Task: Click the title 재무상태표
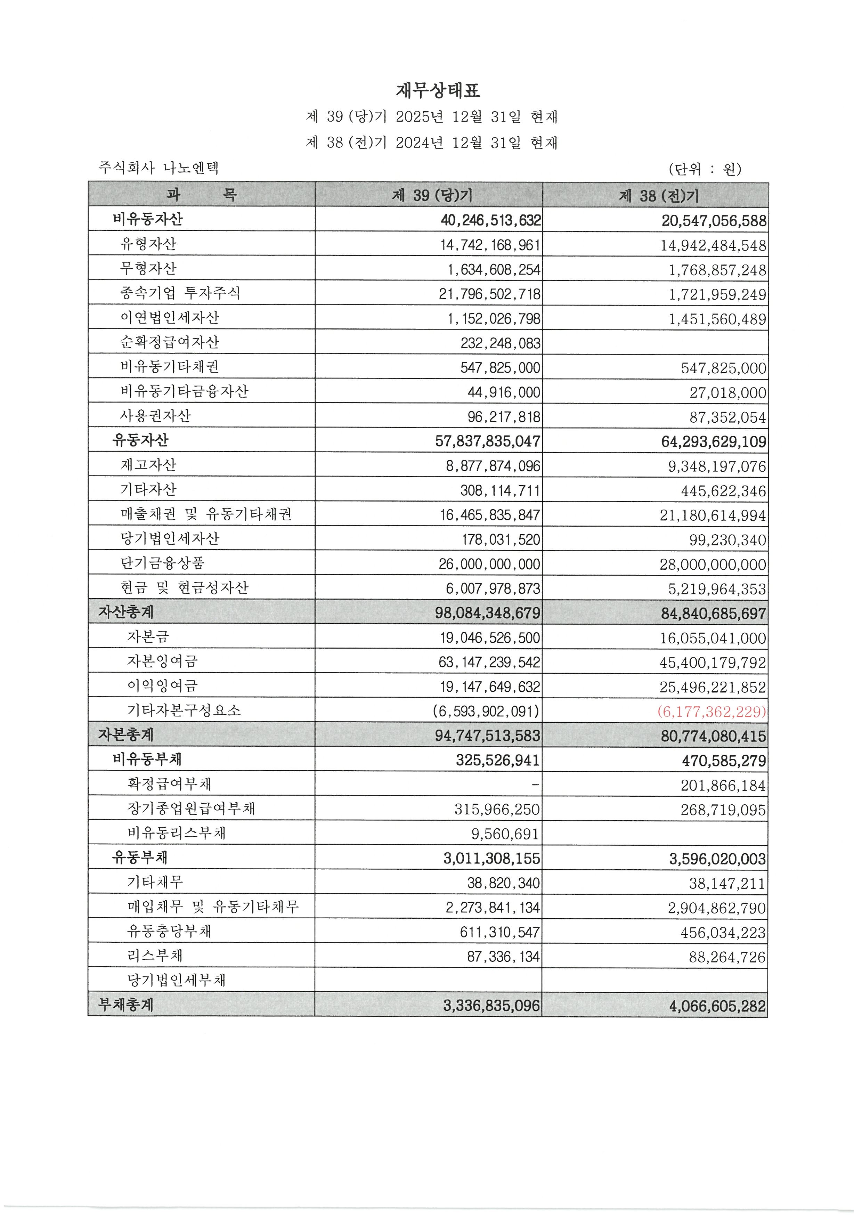438,90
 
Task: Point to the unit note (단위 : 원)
705,169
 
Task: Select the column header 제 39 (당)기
432,195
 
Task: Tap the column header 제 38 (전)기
659,196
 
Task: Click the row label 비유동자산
148,219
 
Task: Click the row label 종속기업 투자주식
180,293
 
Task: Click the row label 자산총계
126,612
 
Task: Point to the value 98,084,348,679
487,613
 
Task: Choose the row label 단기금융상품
162,563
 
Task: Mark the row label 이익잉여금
162,686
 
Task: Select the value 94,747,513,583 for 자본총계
487,736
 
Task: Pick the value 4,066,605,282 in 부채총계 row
717,1006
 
